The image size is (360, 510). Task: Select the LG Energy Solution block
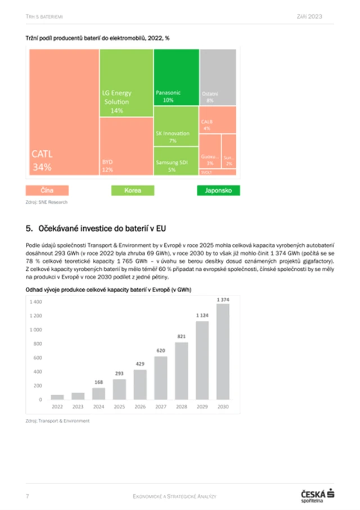[x=126, y=83]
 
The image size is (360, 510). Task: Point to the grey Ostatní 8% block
[x=218, y=77]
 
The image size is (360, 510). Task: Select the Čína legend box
[x=47, y=190]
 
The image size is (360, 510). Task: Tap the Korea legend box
[x=133, y=190]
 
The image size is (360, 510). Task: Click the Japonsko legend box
[x=218, y=190]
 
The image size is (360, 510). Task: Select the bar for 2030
[x=223, y=352]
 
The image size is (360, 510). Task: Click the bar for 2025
[x=119, y=389]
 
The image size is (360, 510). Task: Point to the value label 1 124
[x=202, y=315]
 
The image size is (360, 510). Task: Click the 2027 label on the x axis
[x=161, y=406]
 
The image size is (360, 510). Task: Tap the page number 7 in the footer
[x=28, y=495]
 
